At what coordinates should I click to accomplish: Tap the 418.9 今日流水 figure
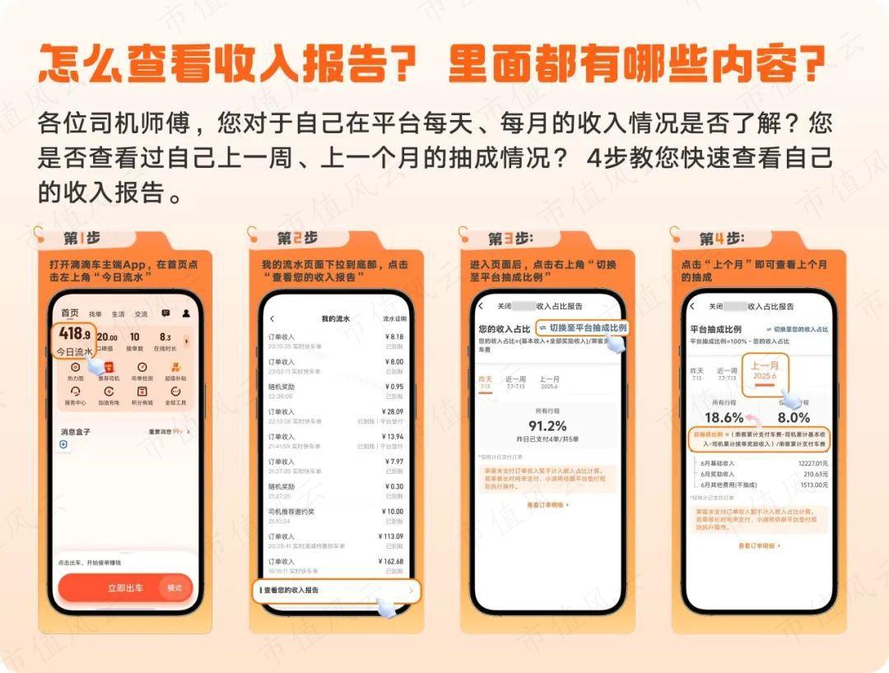(x=75, y=340)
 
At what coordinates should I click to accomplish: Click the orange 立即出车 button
(x=125, y=587)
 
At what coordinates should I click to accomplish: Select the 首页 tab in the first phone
(x=70, y=313)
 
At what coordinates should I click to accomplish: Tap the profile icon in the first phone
(x=186, y=313)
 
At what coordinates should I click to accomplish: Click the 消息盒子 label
(x=76, y=431)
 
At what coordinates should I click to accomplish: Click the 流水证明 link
(x=394, y=318)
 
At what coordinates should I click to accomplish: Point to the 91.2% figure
(x=547, y=425)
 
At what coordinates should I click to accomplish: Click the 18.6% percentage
(x=724, y=417)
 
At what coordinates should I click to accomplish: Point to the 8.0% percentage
(x=794, y=417)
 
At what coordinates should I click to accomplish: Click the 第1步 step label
(x=82, y=238)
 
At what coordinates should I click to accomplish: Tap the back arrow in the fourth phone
(x=691, y=306)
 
